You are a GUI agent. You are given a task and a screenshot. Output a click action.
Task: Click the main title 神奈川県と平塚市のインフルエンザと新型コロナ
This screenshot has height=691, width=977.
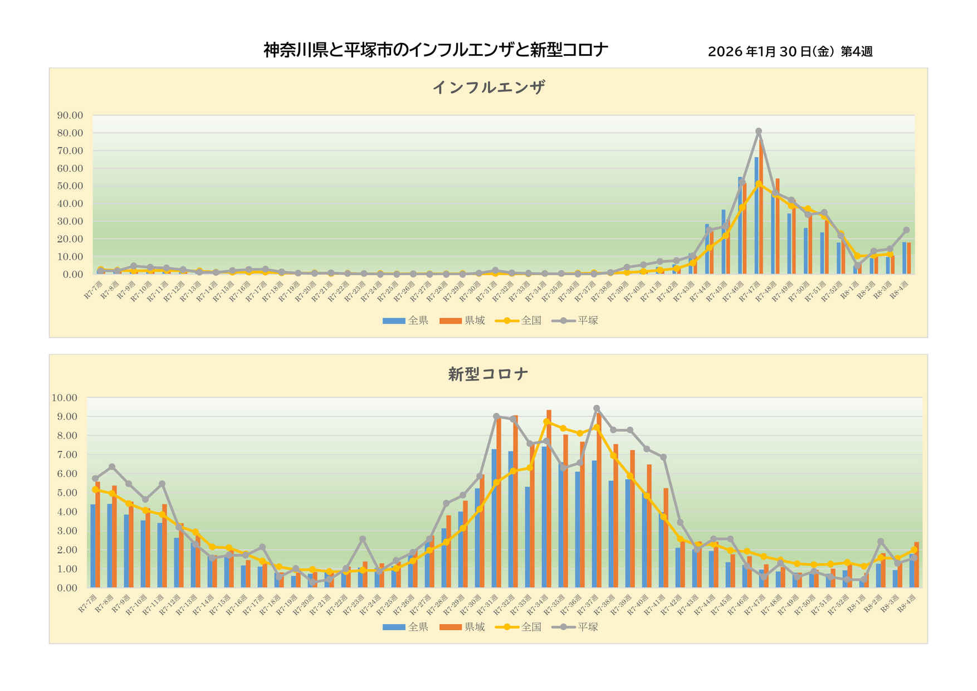(435, 50)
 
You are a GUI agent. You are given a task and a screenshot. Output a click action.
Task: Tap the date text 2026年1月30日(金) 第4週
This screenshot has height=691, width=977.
(790, 52)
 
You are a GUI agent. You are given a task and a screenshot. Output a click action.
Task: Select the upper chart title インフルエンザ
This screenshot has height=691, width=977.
(488, 87)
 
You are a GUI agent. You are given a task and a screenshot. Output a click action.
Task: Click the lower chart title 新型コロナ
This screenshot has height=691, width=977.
(488, 374)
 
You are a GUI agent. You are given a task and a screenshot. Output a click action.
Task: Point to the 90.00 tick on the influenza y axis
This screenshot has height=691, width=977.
(70, 115)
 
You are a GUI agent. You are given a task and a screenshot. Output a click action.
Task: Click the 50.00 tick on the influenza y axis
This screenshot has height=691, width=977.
(70, 186)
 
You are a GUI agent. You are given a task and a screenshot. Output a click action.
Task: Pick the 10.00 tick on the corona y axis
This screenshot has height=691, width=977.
(65, 398)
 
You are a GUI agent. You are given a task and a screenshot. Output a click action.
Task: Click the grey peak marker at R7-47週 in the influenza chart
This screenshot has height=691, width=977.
(759, 132)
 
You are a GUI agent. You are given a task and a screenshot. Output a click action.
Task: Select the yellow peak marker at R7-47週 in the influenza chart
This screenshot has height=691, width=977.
(759, 183)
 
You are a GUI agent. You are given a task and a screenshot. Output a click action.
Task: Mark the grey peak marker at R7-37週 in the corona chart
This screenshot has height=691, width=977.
(597, 408)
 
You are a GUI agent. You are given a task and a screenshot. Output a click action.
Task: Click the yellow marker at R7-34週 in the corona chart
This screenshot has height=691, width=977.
(546, 421)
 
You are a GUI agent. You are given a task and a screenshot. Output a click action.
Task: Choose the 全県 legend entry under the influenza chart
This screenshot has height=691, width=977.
(406, 320)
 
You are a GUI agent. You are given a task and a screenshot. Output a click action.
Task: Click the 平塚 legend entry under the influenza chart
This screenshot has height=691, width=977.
(575, 320)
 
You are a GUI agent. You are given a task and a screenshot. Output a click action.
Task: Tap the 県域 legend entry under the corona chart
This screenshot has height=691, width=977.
(462, 627)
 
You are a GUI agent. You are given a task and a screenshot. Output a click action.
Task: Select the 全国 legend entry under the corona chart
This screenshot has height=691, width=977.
(519, 627)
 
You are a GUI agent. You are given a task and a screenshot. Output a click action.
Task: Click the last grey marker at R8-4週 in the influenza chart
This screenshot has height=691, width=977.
(906, 230)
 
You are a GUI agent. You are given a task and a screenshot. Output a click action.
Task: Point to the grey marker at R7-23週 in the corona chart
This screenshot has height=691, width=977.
(363, 539)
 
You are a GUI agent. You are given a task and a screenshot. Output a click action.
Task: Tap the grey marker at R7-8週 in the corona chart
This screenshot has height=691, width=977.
(112, 466)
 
